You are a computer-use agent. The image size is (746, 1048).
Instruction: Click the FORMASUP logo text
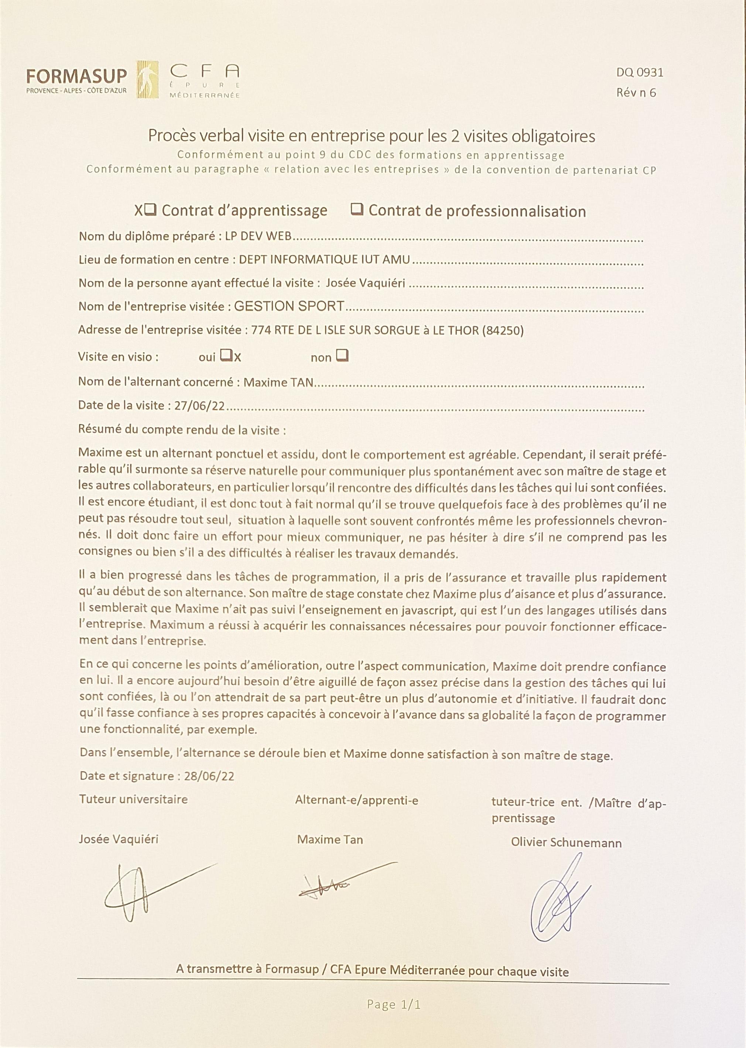coord(76,76)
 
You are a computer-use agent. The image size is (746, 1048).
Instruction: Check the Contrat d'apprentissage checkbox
coord(150,210)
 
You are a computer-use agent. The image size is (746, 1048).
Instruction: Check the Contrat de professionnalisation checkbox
coord(357,210)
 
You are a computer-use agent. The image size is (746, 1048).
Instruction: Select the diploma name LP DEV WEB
coord(258,237)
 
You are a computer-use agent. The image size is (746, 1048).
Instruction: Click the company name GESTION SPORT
coord(289,306)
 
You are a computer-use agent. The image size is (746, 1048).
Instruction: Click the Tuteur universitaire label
coord(133,799)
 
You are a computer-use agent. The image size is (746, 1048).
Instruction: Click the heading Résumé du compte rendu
coord(182,431)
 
